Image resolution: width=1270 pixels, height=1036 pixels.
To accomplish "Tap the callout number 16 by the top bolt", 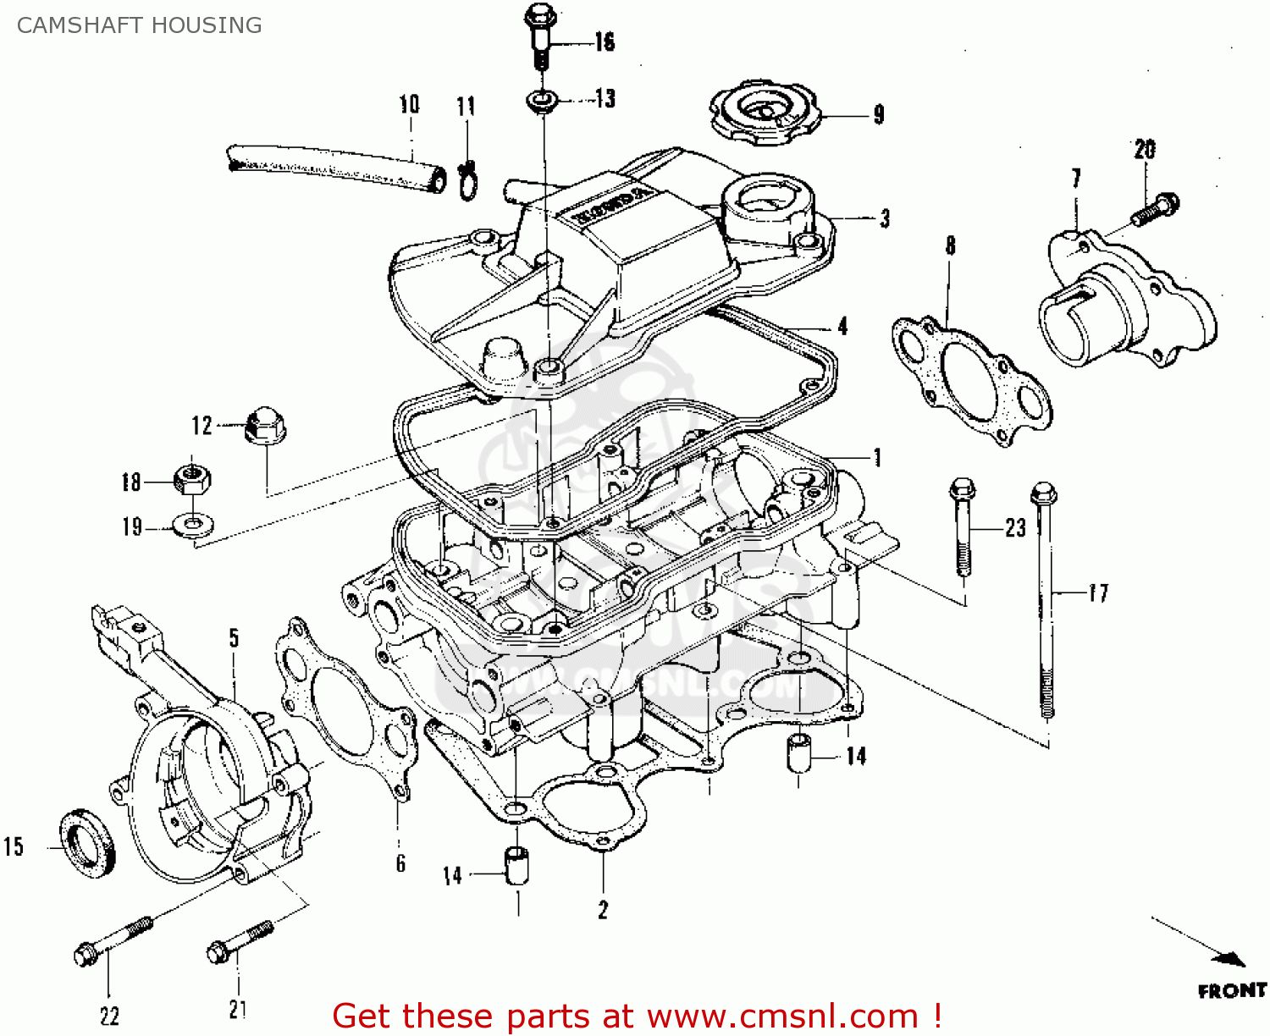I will (x=604, y=41).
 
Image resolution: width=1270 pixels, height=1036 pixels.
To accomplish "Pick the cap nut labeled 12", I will (x=264, y=425).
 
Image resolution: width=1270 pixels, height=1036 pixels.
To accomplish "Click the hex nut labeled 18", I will (x=192, y=479).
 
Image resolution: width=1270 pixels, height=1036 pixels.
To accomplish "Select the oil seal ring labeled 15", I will (x=86, y=843).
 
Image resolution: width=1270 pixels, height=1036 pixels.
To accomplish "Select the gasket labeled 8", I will (x=971, y=377).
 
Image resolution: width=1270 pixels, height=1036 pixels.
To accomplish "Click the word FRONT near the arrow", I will (x=1231, y=990).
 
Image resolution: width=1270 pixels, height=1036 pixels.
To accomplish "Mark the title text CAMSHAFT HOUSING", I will (x=139, y=25).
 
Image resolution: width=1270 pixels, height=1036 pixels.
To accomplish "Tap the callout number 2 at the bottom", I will (x=603, y=910).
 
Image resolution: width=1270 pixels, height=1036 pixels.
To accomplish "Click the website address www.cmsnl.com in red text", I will (x=783, y=1016).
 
